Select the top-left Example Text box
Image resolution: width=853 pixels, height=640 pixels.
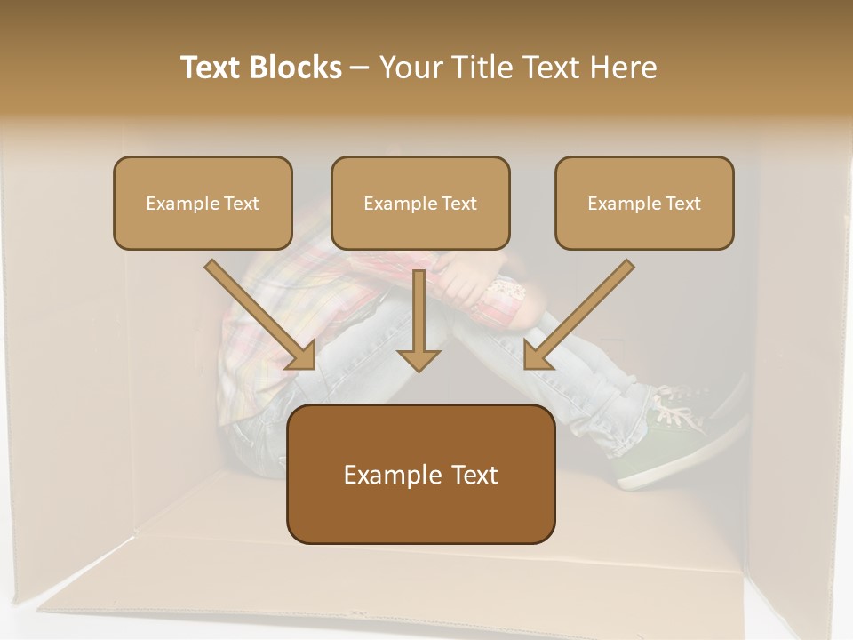(x=203, y=203)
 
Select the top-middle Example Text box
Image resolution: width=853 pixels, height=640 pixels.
(x=420, y=203)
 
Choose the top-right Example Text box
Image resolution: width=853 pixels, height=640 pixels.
(x=644, y=203)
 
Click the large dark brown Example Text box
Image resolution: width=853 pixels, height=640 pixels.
(x=420, y=474)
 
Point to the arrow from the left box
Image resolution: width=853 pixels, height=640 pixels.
(x=258, y=313)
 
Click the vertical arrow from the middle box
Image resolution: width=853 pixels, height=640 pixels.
(x=419, y=316)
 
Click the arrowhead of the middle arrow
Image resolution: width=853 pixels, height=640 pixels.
(x=419, y=359)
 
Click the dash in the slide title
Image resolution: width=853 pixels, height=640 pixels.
(x=360, y=68)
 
